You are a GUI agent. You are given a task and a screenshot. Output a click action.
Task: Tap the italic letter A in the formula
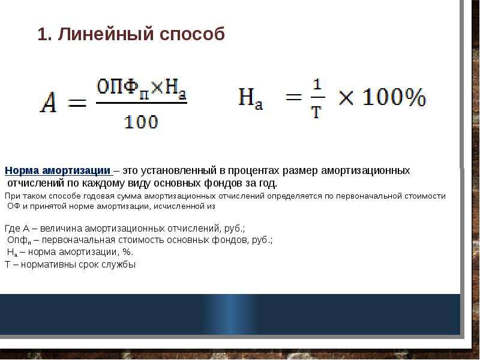[x=49, y=103]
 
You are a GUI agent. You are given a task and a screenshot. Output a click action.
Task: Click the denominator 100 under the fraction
[x=141, y=122]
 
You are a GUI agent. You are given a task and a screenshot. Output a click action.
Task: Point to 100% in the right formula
[x=394, y=97]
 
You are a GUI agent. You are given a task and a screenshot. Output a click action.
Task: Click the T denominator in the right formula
[x=317, y=112]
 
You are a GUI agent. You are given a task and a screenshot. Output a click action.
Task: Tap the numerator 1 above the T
[x=317, y=84]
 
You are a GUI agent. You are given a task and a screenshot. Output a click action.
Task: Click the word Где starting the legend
[x=13, y=229]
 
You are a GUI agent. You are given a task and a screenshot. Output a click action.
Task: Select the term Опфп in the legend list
[x=19, y=241]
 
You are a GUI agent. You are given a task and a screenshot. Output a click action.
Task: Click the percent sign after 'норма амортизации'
[x=128, y=252]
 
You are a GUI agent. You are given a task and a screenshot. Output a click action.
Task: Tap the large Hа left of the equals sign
[x=251, y=98]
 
